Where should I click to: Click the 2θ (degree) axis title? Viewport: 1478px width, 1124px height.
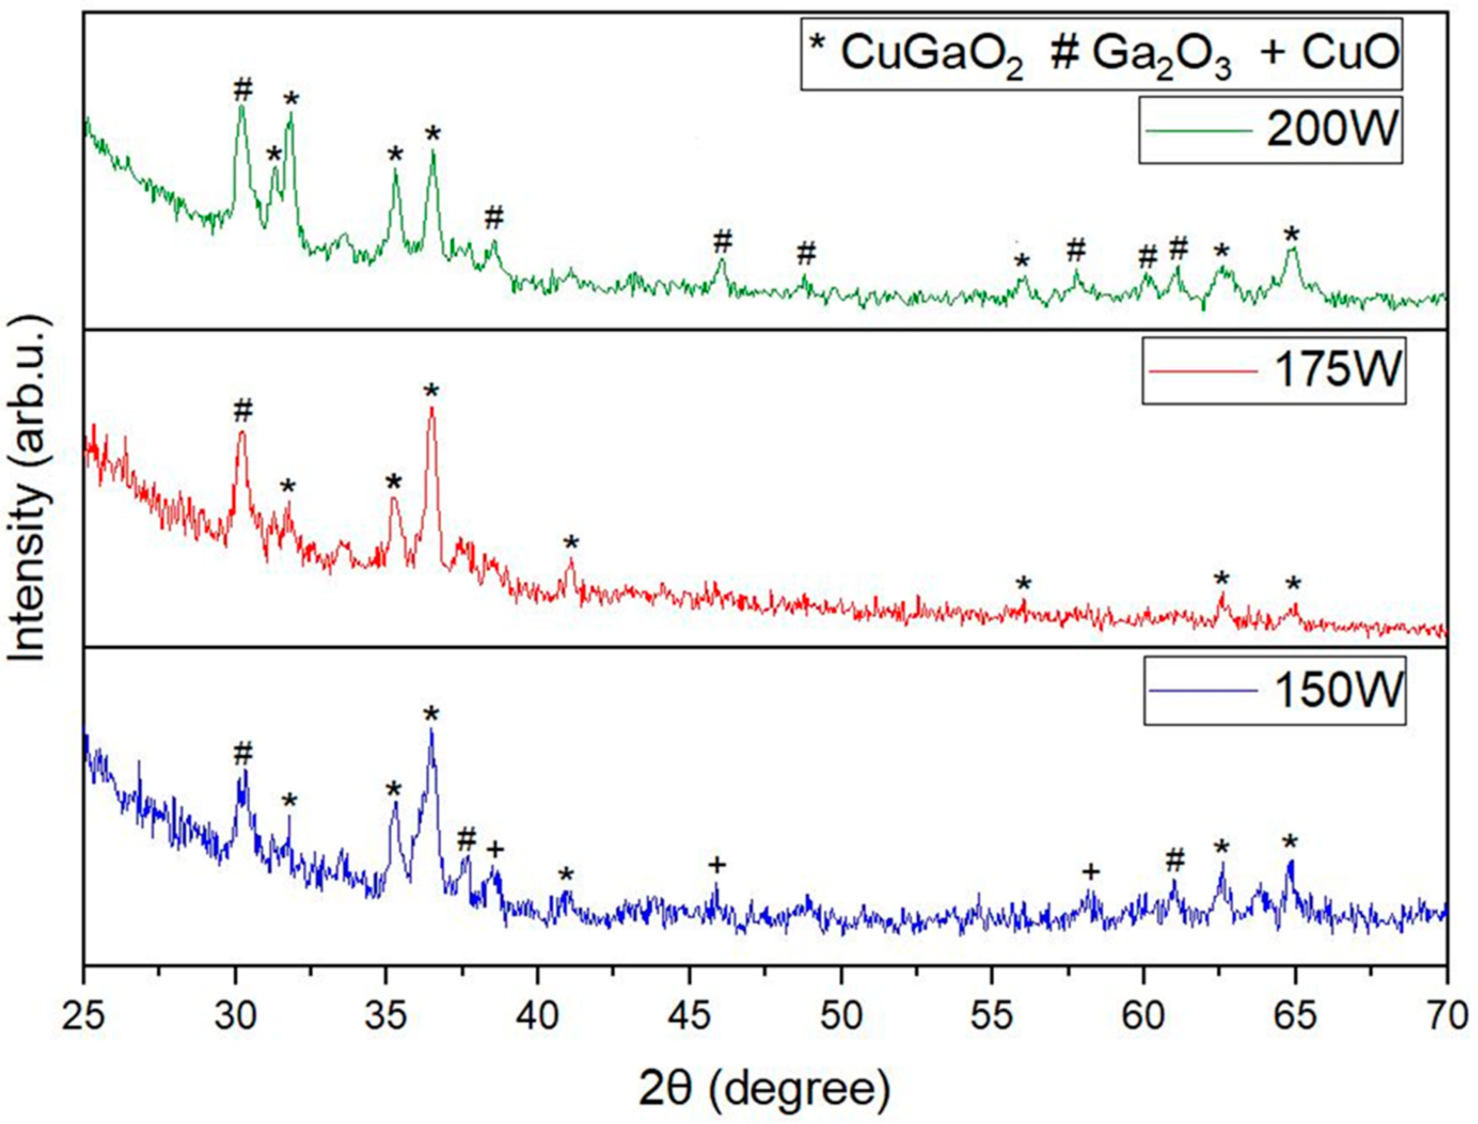tap(765, 1090)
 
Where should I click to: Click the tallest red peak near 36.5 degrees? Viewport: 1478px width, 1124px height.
tap(431, 409)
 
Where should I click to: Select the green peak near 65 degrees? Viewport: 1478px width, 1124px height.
tap(1292, 250)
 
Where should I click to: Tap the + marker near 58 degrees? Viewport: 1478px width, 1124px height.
tap(1090, 872)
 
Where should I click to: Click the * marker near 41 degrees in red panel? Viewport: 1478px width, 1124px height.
tap(570, 543)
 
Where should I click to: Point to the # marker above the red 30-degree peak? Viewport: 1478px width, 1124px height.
tap(243, 411)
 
